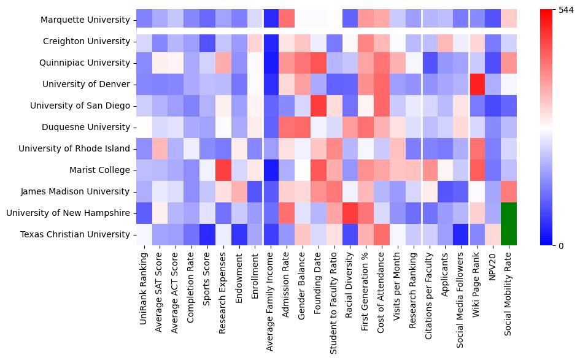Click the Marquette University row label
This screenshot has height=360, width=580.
click(x=85, y=20)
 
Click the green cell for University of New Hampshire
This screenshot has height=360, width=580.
click(x=509, y=213)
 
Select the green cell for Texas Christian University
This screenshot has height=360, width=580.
click(x=509, y=234)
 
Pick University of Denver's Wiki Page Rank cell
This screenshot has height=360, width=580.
click(x=477, y=84)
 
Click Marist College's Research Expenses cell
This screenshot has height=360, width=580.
click(x=223, y=170)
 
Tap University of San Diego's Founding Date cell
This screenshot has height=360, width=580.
click(x=319, y=105)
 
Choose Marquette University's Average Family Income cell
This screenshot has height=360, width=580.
click(x=271, y=20)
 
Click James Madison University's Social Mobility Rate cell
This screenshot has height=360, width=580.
click(x=509, y=191)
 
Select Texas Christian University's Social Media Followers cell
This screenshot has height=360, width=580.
click(x=461, y=234)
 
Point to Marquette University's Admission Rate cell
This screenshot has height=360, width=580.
click(x=287, y=20)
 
